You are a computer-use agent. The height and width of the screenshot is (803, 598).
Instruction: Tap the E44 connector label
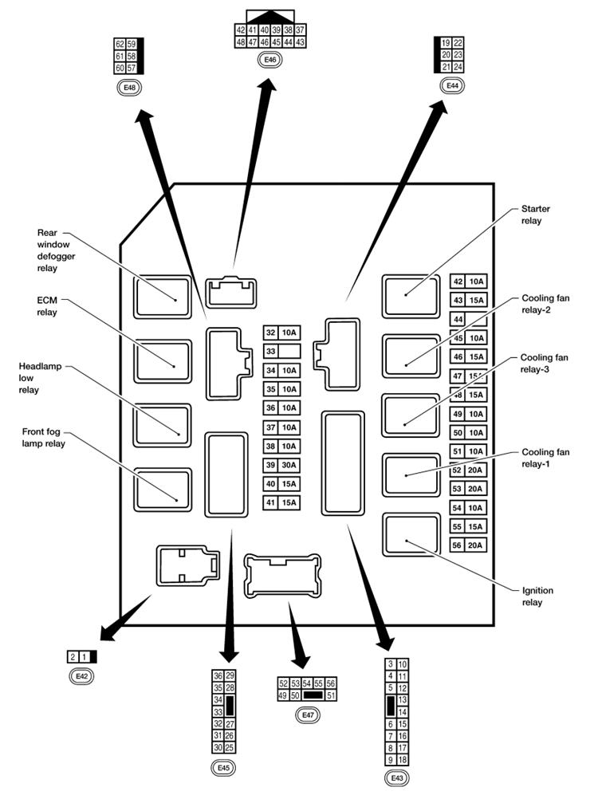tap(452, 85)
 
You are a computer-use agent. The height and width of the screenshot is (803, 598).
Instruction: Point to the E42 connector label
tap(81, 676)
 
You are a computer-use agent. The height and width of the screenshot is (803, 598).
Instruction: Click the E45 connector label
tap(223, 768)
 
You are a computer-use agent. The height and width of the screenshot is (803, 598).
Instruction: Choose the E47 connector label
tap(307, 715)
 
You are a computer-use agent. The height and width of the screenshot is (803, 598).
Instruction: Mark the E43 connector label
tap(396, 777)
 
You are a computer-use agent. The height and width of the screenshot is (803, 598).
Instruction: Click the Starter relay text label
tap(535, 215)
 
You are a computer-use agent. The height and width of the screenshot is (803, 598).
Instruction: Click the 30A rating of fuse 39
tap(289, 465)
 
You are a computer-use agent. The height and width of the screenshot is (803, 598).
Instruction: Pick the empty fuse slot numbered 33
tap(271, 351)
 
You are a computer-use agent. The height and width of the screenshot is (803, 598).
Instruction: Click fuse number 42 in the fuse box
tap(458, 281)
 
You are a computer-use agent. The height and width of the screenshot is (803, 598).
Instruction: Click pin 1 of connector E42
tap(85, 657)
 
